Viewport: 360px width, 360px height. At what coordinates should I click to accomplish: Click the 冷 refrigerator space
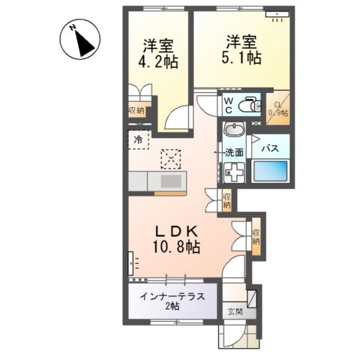tap(138, 139)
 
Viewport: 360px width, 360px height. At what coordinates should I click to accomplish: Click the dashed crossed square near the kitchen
tap(172, 157)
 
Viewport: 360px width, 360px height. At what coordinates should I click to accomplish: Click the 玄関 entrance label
tap(234, 312)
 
